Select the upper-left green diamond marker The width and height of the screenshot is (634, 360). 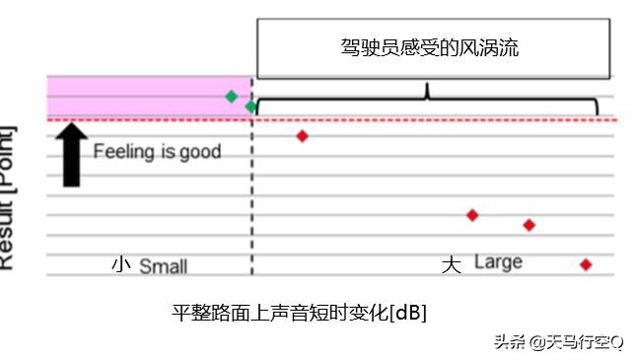[x=231, y=96]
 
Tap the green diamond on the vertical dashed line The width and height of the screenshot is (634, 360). [x=251, y=106]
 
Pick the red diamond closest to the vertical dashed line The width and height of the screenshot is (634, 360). [x=302, y=136]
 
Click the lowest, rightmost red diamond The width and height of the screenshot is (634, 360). [x=586, y=264]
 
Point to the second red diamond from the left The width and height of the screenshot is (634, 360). [x=472, y=215]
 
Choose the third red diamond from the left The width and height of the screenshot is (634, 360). [x=528, y=225]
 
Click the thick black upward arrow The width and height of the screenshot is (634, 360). [x=71, y=153]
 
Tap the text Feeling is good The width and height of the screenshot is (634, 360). [x=157, y=153]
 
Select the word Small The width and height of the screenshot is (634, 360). [x=163, y=266]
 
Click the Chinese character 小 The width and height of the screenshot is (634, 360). [x=120, y=265]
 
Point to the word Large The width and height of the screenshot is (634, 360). [x=498, y=262]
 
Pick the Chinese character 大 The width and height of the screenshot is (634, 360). [x=451, y=265]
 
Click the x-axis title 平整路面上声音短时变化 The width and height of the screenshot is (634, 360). [x=280, y=313]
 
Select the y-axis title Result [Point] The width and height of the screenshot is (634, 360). [x=8, y=197]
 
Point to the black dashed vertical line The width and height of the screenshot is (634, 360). [x=252, y=197]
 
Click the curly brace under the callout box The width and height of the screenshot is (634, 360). [x=427, y=99]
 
